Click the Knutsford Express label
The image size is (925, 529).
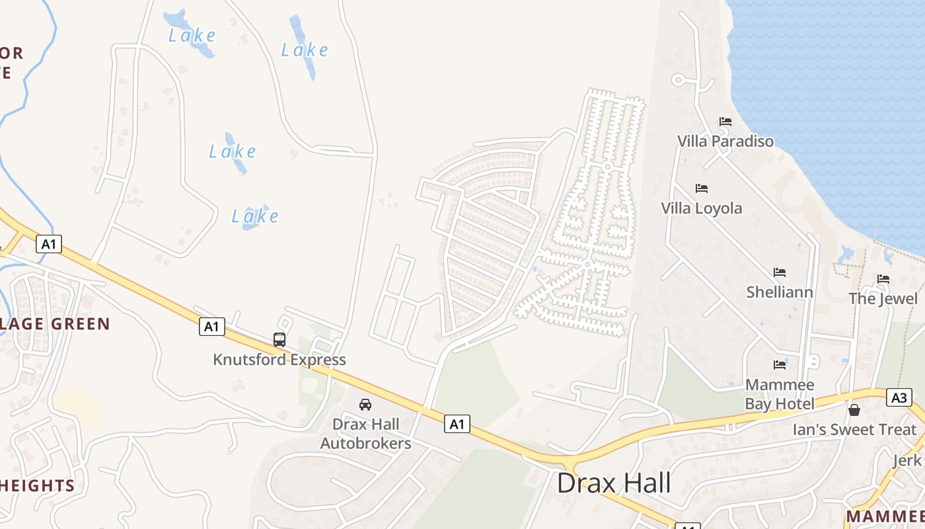[x=279, y=360]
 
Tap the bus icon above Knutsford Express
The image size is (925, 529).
[x=279, y=340]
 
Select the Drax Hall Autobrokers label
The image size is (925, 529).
[x=365, y=433]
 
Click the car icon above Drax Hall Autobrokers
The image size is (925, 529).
[x=365, y=404]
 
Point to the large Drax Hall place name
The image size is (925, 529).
[x=614, y=483]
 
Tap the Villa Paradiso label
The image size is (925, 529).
[x=725, y=141]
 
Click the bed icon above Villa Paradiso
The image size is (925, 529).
[x=725, y=122]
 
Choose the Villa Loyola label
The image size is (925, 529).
[x=702, y=208]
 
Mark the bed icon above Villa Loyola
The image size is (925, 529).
[x=702, y=188]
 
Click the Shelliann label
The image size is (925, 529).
[x=780, y=292]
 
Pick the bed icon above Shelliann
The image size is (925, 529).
[x=780, y=272]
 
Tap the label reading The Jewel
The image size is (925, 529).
[x=883, y=298]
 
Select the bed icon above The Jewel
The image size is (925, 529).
[x=883, y=279]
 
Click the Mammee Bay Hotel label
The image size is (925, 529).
[x=780, y=394]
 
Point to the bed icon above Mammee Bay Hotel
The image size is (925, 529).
[x=780, y=364]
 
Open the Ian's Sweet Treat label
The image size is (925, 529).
[x=854, y=430]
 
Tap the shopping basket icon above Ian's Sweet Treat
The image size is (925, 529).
[x=854, y=410]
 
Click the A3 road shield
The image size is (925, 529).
[x=899, y=397]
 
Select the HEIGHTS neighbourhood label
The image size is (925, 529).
[x=38, y=485]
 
